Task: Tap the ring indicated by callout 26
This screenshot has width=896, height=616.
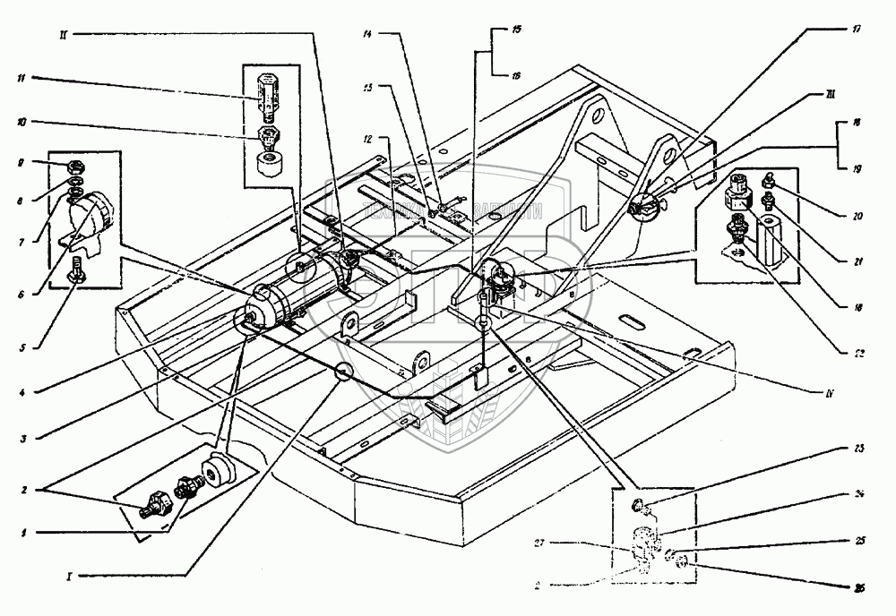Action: [680, 562]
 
